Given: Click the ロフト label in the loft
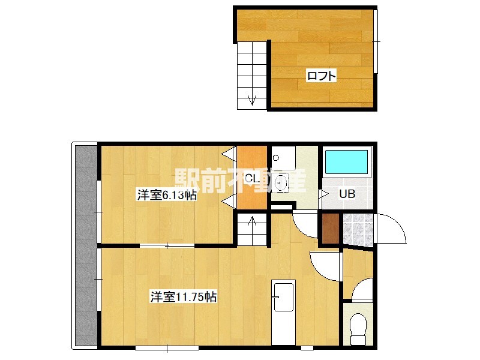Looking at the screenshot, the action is coord(322,76).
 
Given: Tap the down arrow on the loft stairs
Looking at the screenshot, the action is coord(252,100).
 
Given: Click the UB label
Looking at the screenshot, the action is coord(347,194).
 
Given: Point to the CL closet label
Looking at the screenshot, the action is coord(253,178).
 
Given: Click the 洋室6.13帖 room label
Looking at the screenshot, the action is coord(167,195).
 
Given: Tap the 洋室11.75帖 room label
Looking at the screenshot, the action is coord(184,297).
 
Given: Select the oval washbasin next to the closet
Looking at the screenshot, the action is coord(281,183).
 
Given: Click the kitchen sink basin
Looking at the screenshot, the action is coord(283,296).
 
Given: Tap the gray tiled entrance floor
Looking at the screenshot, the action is coord(358,229).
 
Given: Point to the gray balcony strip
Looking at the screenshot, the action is coord(86,245).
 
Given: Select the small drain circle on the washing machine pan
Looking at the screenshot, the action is coord(276,158).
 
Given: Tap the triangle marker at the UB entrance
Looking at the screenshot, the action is coord(324,193).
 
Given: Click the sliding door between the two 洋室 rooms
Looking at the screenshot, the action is coord(167,245).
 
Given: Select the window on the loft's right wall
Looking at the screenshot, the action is coord(376,41).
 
